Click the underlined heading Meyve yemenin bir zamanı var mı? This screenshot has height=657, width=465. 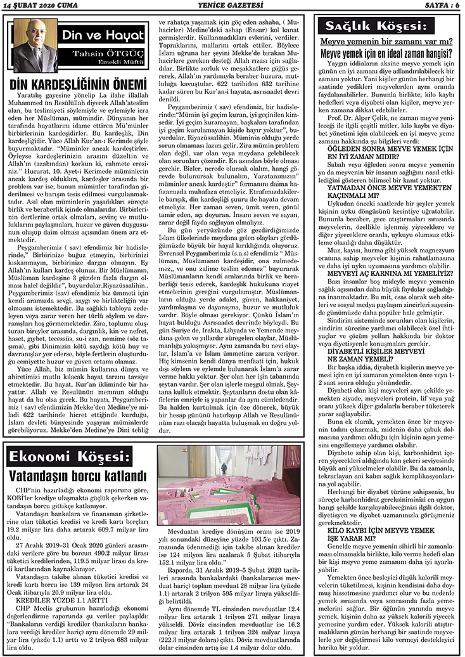pos(386,42)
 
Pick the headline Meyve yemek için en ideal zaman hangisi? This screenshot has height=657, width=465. pos(386,53)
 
